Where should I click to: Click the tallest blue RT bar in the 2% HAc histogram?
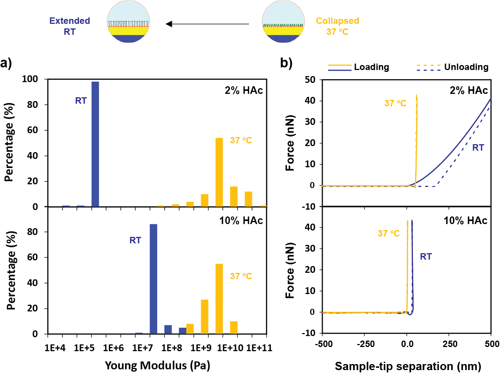point(95,144)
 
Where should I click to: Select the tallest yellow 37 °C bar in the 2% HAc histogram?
point(219,172)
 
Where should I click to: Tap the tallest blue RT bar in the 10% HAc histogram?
point(153,279)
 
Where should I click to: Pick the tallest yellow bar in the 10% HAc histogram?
point(219,299)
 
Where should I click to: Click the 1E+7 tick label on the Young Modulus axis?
point(142,348)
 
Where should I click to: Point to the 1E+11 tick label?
point(259,348)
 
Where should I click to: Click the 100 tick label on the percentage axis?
point(30,79)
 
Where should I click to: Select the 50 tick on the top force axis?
point(310,80)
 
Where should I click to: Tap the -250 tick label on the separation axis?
point(366,344)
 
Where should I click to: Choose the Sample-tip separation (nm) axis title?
point(408,366)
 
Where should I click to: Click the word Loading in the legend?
point(371,67)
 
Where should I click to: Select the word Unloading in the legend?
point(466,67)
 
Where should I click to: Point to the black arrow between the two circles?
point(207,24)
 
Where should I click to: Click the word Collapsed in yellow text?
point(337,21)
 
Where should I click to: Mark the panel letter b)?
point(286,63)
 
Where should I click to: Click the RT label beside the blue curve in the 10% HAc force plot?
point(426,257)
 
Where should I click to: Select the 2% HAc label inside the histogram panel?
point(244,90)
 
